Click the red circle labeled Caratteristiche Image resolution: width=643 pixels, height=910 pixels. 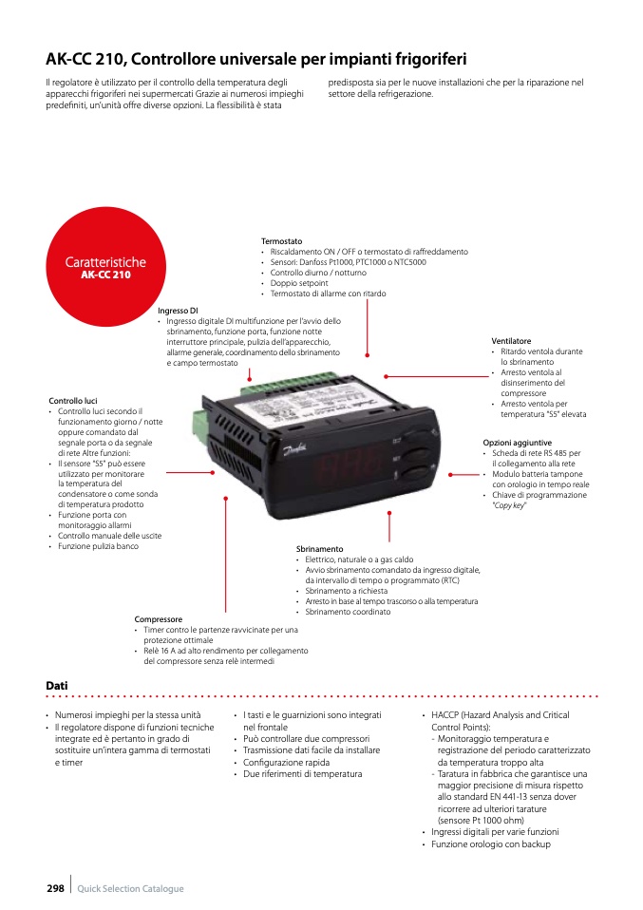coord(105,266)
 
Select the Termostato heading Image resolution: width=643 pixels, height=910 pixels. coord(281,241)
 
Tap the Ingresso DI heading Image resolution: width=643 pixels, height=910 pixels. coord(178,311)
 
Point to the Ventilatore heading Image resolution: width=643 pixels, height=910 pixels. coord(511,341)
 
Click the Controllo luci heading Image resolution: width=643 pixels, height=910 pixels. coord(73,401)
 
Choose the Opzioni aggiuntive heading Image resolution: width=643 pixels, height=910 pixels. coord(517,443)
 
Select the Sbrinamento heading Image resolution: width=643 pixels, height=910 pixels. coord(320,548)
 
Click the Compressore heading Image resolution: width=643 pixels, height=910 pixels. coord(159,619)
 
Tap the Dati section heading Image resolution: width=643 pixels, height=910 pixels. coord(57,686)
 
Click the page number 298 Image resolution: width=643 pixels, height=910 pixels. coord(56,888)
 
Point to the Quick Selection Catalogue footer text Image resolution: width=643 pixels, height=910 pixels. coord(130,888)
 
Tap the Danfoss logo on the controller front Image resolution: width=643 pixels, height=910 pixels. coord(295,449)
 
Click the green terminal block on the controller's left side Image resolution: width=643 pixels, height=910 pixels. coord(200,427)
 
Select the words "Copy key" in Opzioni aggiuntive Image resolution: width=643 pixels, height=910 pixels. coord(509,505)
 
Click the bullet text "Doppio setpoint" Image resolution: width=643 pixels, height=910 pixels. coord(299,283)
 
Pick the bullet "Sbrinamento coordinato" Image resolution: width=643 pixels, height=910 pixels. coord(348,612)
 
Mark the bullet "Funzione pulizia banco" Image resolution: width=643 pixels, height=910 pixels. coord(98,546)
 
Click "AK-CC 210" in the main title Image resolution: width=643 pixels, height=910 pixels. coord(87,59)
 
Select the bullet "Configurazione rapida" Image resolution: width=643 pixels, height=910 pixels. coord(286,762)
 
